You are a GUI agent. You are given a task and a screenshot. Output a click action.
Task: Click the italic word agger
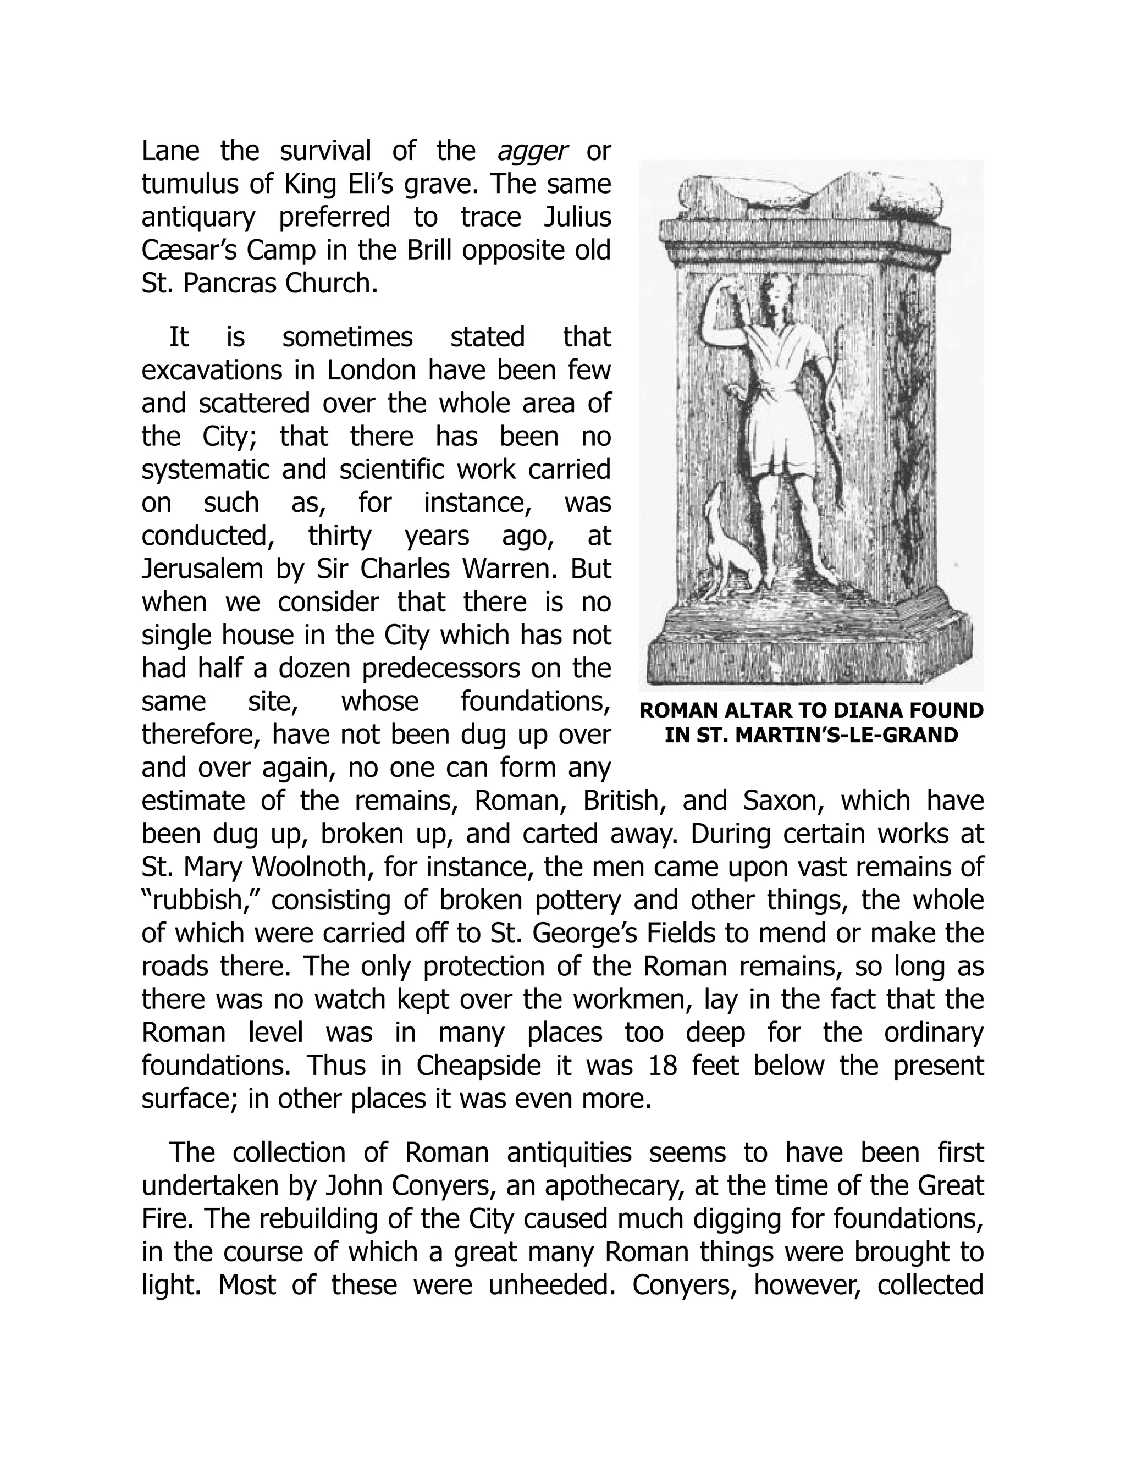coord(532,151)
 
